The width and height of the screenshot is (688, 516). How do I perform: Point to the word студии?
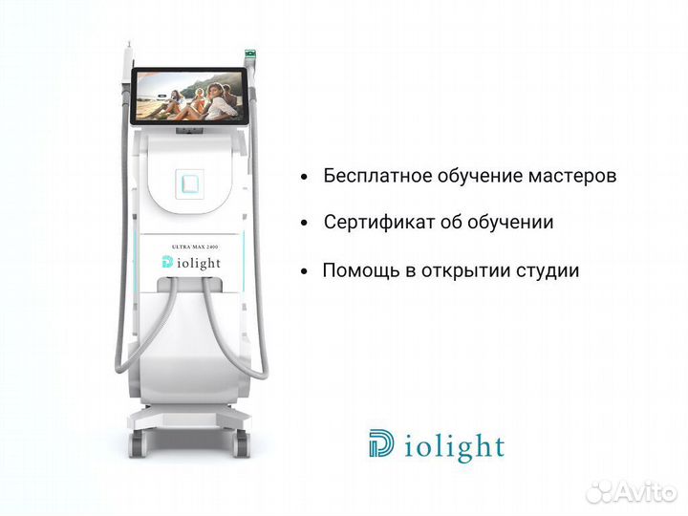coord(547,270)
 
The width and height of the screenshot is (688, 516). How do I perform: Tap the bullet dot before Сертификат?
coord(304,224)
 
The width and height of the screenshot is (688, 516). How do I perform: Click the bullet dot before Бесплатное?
coord(304,178)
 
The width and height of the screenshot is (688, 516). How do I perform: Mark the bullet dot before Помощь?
coord(304,271)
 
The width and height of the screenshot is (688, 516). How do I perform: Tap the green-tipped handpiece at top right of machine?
coord(252,54)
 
